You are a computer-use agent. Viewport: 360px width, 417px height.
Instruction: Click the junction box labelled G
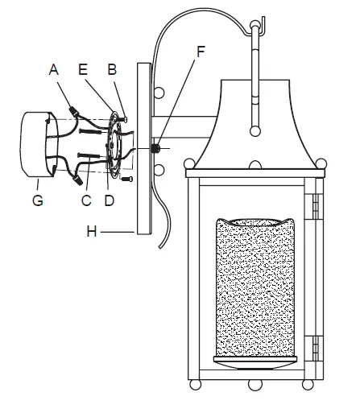tap(32, 144)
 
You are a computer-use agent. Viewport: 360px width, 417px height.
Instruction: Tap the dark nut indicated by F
tap(158, 149)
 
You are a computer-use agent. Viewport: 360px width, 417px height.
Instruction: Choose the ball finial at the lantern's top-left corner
tap(190, 164)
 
